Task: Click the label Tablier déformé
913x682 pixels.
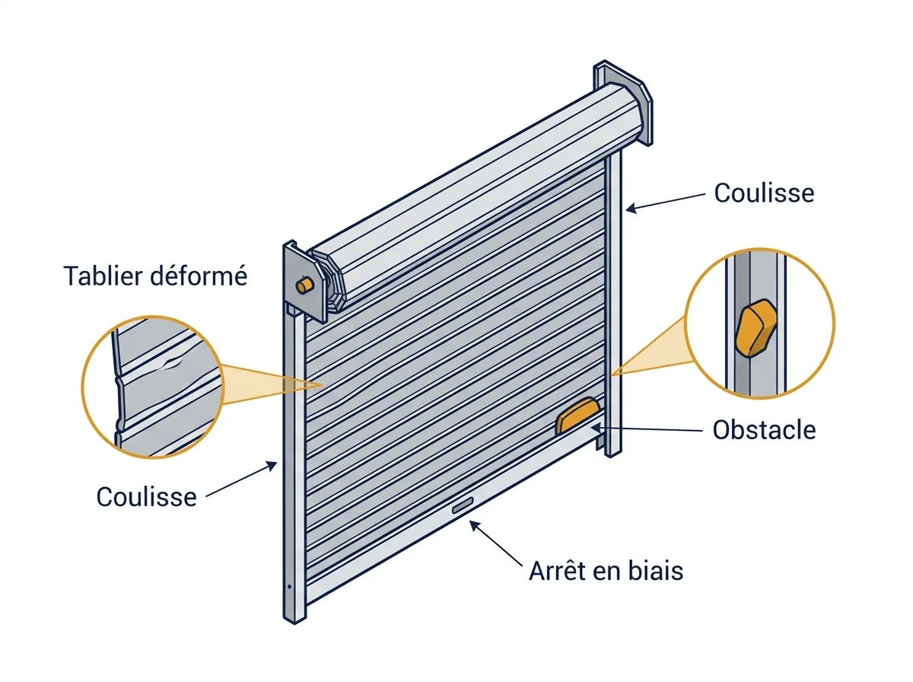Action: [155, 276]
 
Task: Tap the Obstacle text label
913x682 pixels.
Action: [764, 430]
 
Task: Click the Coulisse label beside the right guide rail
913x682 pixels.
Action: [764, 193]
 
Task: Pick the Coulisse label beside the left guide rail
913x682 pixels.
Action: [146, 497]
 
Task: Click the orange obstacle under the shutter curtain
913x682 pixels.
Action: [577, 416]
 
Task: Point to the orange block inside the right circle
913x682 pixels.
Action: [756, 328]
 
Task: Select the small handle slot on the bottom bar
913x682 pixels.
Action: [463, 506]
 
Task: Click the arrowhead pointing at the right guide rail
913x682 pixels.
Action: [631, 208]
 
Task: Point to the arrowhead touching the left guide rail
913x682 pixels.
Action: [272, 466]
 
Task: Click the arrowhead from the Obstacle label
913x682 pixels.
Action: [596, 427]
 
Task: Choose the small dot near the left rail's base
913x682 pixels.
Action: [290, 587]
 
